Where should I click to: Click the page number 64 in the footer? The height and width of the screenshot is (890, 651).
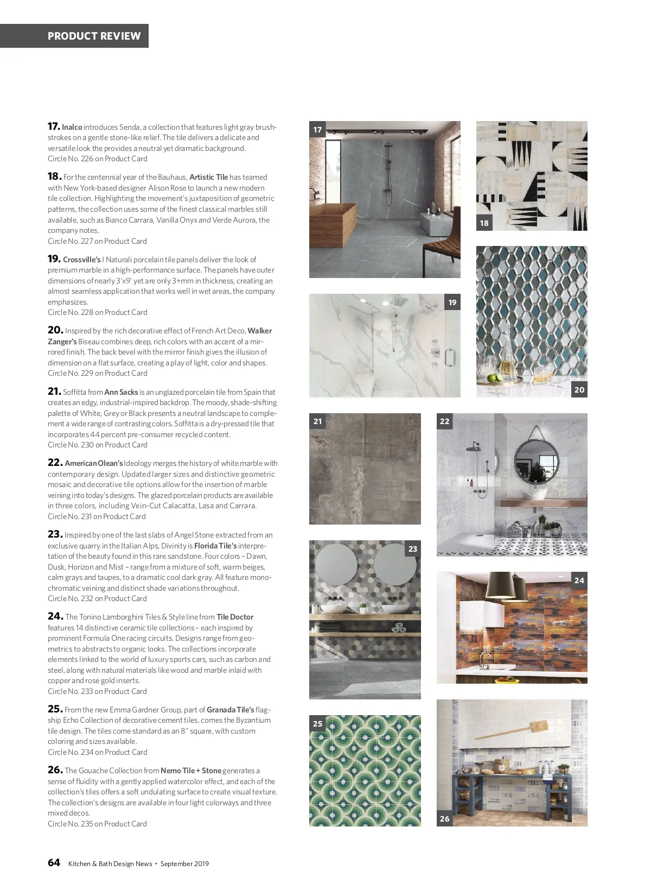(54, 863)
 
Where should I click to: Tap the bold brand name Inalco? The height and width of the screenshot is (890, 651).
(72, 127)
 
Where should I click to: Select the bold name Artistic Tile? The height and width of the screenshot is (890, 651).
(209, 177)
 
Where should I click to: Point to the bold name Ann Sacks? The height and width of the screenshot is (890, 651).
(121, 392)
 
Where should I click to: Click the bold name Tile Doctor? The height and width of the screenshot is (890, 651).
(235, 617)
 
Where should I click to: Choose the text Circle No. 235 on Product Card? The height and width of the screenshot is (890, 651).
(97, 824)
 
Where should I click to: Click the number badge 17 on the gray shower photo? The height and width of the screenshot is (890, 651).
(317, 130)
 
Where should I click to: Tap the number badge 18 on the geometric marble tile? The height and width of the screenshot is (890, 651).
(484, 223)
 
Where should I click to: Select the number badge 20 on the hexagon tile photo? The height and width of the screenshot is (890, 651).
(579, 389)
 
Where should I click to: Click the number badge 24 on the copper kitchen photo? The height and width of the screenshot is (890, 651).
(579, 580)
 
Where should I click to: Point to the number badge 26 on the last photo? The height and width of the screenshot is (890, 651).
(445, 818)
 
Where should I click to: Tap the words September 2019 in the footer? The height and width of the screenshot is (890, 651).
(184, 863)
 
